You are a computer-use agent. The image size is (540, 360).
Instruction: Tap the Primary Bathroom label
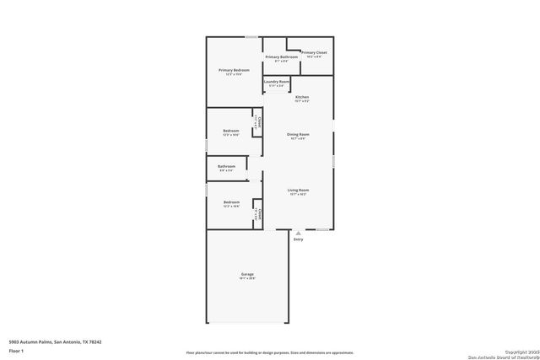(282, 57)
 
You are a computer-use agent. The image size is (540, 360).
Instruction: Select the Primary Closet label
(314, 53)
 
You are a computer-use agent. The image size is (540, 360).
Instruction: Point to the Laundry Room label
(277, 82)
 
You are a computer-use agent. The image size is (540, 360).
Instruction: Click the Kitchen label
(301, 98)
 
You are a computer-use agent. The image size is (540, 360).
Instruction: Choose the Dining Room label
(298, 135)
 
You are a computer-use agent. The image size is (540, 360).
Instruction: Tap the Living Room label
(298, 191)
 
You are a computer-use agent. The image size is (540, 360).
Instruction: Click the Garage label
(247, 275)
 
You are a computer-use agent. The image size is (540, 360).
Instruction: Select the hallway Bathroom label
(226, 167)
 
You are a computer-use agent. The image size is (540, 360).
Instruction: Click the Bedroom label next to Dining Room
(231, 132)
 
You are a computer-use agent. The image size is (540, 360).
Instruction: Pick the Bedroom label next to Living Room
(231, 202)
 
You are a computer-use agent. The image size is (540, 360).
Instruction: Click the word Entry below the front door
(298, 239)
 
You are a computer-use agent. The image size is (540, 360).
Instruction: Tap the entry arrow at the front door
(298, 232)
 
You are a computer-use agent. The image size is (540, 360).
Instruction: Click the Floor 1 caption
(16, 349)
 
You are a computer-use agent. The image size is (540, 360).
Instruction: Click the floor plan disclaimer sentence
(270, 353)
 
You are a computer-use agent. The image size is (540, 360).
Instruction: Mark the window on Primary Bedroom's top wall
(251, 36)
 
